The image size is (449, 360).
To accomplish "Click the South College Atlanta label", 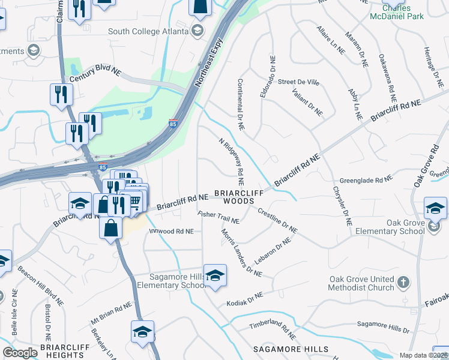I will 148,31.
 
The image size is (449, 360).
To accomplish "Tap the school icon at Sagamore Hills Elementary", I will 214,275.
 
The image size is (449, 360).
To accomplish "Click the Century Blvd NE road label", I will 95,74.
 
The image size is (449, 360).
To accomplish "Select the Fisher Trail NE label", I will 218,217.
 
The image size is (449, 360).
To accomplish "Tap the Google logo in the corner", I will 20,353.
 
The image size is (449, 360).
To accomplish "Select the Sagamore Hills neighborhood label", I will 291,349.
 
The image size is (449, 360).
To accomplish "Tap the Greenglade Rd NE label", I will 366,179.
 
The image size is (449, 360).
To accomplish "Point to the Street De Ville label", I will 298,82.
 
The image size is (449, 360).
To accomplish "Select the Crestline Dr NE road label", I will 277,220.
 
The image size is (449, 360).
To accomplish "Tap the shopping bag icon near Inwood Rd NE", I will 111,228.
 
